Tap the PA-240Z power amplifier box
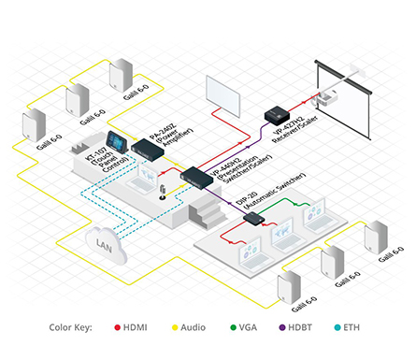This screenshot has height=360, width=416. tap(148, 147)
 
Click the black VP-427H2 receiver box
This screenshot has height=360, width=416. tap(278, 115)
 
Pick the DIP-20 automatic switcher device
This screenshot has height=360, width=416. tap(253, 219)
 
